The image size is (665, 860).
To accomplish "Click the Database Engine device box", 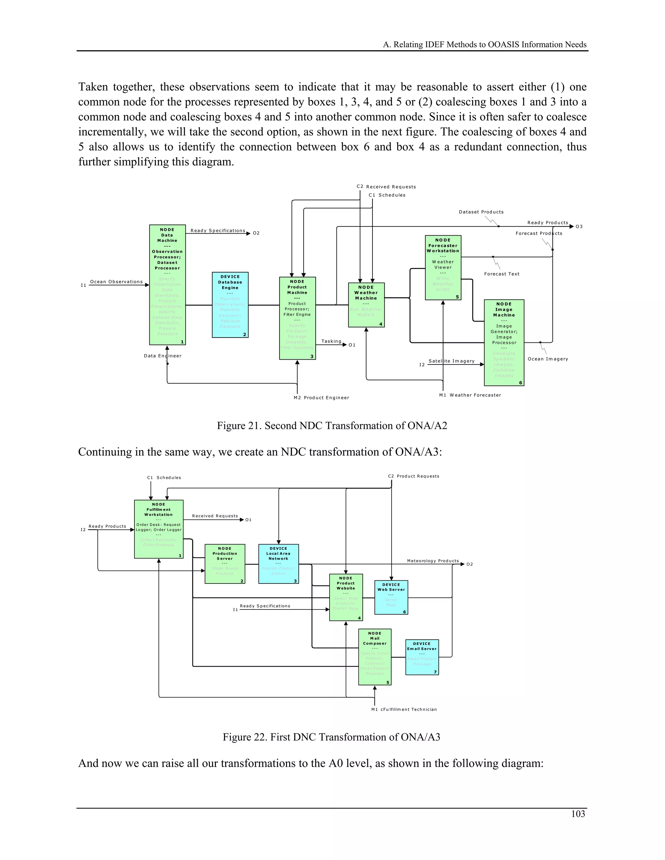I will pos(230,304).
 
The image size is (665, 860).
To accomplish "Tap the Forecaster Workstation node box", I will pos(443,267).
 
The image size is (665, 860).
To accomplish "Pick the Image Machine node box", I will pos(504,343).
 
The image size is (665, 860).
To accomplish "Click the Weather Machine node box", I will pos(366,305).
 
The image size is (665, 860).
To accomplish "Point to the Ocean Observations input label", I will pos(116,282).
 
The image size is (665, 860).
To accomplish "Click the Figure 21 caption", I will pos(332,426).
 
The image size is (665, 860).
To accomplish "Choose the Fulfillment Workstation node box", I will pos(158,529).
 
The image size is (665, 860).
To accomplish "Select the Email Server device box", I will pos(422,657).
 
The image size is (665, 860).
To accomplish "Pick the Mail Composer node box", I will pos(375,657).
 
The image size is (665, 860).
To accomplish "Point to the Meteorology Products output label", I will pos(433,561).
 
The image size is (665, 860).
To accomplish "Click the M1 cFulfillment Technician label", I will pos(404,709).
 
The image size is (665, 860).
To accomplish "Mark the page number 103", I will pos(578,814).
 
